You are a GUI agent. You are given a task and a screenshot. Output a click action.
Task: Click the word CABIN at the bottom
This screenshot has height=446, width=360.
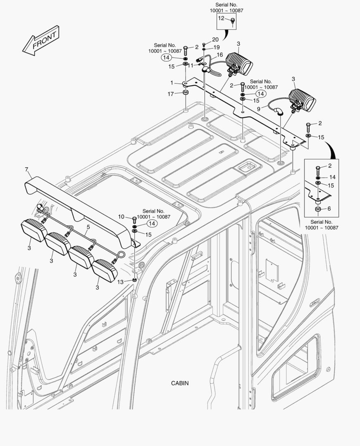point(180,383)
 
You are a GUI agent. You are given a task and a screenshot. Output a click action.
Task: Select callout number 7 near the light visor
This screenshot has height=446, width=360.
point(26,169)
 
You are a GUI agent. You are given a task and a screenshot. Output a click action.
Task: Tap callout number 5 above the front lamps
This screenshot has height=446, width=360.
point(88,227)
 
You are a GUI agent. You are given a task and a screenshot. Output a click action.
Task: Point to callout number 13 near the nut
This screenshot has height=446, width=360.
point(120,282)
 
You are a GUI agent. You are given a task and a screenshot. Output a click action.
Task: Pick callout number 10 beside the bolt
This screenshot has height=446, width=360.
point(121,217)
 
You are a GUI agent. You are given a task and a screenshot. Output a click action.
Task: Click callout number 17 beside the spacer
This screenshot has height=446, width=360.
point(170,94)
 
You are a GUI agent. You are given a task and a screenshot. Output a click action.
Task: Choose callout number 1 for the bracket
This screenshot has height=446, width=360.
point(172,83)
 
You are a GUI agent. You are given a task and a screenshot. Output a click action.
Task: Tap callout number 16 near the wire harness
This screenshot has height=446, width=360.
point(219,55)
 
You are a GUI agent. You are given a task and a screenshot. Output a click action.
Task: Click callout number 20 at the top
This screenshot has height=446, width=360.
point(215,39)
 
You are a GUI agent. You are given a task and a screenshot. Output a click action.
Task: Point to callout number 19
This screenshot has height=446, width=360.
point(217,47)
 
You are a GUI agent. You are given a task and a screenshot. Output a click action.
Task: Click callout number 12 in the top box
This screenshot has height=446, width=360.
point(221,19)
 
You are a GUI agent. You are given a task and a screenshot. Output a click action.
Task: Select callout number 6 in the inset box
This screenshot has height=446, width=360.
point(329,209)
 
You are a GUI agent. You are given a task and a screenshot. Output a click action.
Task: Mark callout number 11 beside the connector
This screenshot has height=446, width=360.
point(191,65)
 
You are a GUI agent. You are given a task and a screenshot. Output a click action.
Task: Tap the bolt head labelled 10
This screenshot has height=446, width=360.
point(134,218)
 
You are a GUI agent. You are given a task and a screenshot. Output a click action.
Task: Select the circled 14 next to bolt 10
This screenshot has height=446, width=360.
point(153,223)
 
